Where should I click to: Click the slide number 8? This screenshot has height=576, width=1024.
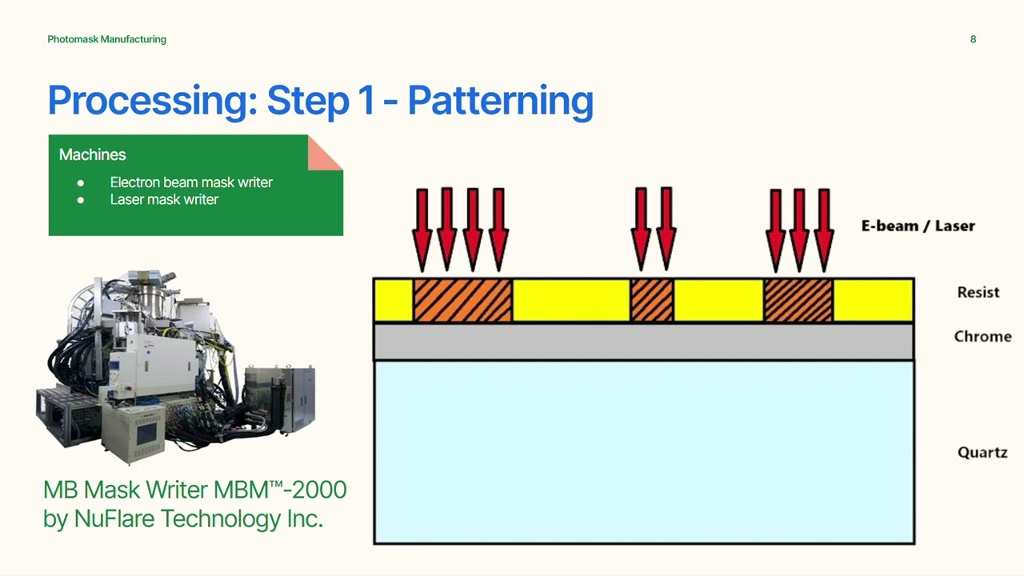tap(973, 39)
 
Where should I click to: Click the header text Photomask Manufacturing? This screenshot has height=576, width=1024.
tap(106, 39)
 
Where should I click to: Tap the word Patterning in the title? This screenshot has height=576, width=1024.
tap(500, 101)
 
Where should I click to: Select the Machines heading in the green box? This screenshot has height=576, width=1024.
tap(92, 154)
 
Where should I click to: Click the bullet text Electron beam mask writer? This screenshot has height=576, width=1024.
tap(191, 182)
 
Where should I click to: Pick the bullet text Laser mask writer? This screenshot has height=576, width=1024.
tap(164, 199)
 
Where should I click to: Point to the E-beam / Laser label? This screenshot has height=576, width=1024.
tap(918, 226)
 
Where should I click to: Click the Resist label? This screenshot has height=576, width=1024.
tap(978, 292)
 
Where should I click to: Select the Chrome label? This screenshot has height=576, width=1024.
tap(982, 336)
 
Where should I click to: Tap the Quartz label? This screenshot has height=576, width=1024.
tap(982, 452)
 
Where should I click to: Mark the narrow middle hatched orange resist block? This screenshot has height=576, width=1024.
tap(652, 301)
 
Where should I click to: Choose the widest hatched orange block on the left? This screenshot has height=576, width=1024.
tap(462, 301)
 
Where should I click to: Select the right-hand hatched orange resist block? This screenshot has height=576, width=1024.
tap(798, 301)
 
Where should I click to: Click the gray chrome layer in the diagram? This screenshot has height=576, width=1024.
tap(643, 342)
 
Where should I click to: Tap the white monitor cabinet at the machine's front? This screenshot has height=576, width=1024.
tap(144, 432)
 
